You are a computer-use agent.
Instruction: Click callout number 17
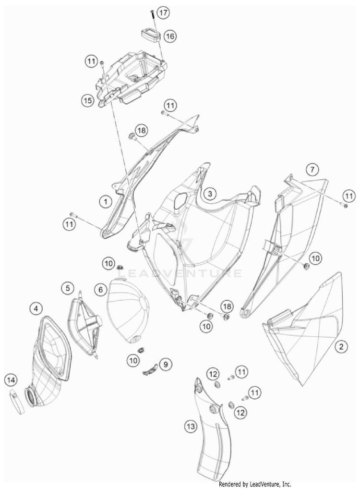pos(163,13)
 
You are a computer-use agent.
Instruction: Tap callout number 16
pos(170,36)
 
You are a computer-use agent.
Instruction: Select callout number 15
pos(88,100)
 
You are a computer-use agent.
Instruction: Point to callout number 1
pos(106,202)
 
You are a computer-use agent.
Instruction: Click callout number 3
pos(210,194)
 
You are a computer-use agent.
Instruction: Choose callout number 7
pos(312,170)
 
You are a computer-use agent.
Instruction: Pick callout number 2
pos(341,346)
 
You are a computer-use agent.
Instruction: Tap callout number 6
pos(101,290)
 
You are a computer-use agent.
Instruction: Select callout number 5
pos(68,288)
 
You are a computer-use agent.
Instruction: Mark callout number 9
pos(166,364)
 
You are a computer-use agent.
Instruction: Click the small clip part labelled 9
pos(151,369)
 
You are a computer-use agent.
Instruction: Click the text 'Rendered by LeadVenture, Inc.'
pos(255,484)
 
